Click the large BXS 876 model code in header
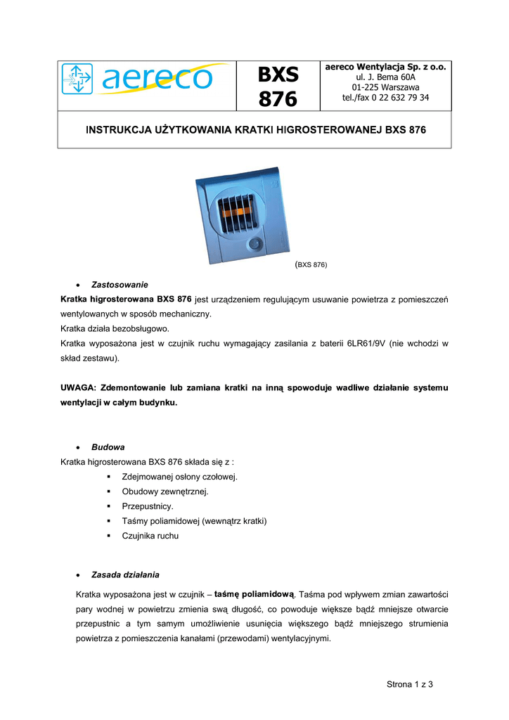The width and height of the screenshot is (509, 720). click(x=278, y=86)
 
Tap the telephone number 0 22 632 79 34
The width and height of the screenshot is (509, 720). click(x=399, y=98)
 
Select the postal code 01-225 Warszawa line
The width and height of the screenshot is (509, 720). click(x=385, y=87)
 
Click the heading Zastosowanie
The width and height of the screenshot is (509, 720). click(x=120, y=285)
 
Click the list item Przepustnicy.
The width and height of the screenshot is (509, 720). click(x=148, y=506)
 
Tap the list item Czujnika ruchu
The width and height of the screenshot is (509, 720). click(x=150, y=536)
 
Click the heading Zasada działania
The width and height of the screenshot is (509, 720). click(x=129, y=574)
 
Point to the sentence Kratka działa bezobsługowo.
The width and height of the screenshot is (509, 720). click(x=120, y=328)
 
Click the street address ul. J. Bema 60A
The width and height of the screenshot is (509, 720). click(x=385, y=77)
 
